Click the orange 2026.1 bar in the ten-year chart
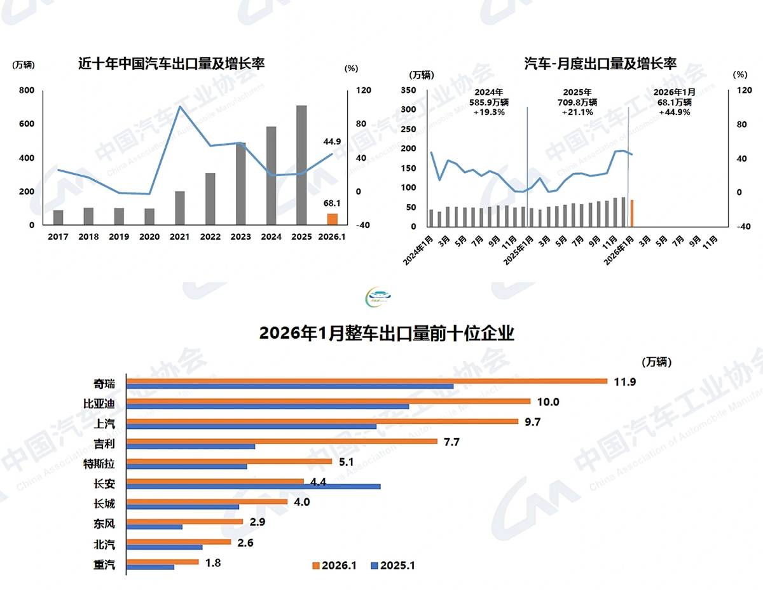[x=332, y=219]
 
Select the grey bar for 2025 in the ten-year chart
[x=301, y=165]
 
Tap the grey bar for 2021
[x=180, y=208]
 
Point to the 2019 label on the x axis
[x=119, y=237]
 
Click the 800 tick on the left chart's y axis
[x=27, y=90]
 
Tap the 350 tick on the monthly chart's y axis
[x=409, y=90]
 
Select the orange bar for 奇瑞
[x=367, y=381]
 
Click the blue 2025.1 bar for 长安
[x=254, y=486]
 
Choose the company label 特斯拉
[x=99, y=463]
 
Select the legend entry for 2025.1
[x=393, y=565]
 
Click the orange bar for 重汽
[x=163, y=562]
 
